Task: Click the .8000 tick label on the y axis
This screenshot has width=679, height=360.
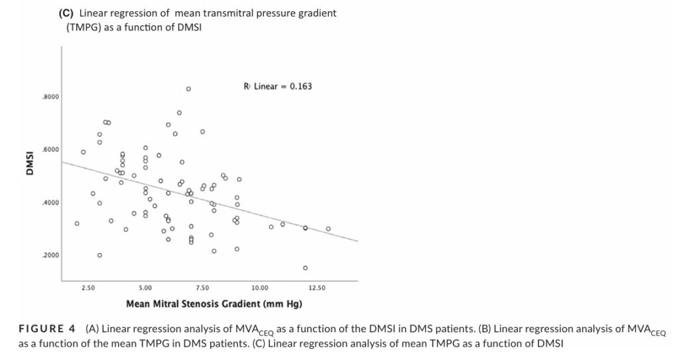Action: (50, 97)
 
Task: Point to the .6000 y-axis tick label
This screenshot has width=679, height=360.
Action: (50, 150)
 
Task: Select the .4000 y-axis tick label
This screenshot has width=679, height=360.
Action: (50, 203)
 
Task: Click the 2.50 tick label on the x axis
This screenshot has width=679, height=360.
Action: (88, 288)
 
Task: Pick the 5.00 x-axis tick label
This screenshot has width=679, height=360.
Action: (145, 288)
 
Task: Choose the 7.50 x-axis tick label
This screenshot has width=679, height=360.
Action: (202, 288)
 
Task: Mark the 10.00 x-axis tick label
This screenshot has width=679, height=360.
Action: (260, 288)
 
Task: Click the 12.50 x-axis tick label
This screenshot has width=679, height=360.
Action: (317, 288)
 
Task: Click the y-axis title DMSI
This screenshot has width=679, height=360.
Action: (30, 163)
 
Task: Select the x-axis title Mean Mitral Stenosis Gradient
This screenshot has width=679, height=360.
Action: (215, 304)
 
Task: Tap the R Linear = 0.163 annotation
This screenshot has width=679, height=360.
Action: (278, 86)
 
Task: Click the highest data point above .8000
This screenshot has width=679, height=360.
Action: (188, 89)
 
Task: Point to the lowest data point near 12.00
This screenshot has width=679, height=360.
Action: (306, 268)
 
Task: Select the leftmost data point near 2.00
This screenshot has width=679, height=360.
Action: (77, 223)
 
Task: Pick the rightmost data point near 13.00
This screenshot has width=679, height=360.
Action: (328, 229)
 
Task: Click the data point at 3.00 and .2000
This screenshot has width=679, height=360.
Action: (99, 255)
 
